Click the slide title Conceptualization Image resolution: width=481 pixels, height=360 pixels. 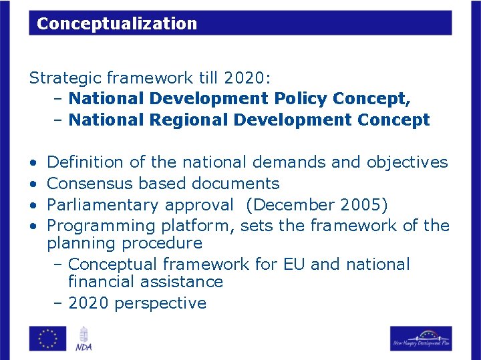coord(117,24)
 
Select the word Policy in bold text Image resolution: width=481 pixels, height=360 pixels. coord(297,99)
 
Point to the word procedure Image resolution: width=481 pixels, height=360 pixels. coord(158,243)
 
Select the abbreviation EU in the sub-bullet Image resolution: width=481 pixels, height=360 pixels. coord(293,264)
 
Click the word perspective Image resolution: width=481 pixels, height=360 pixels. coord(160,303)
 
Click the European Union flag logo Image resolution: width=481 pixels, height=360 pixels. coord(47,338)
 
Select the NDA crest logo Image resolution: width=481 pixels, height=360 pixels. coord(84,338)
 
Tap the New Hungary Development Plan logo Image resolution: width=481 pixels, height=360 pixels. coord(421,339)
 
